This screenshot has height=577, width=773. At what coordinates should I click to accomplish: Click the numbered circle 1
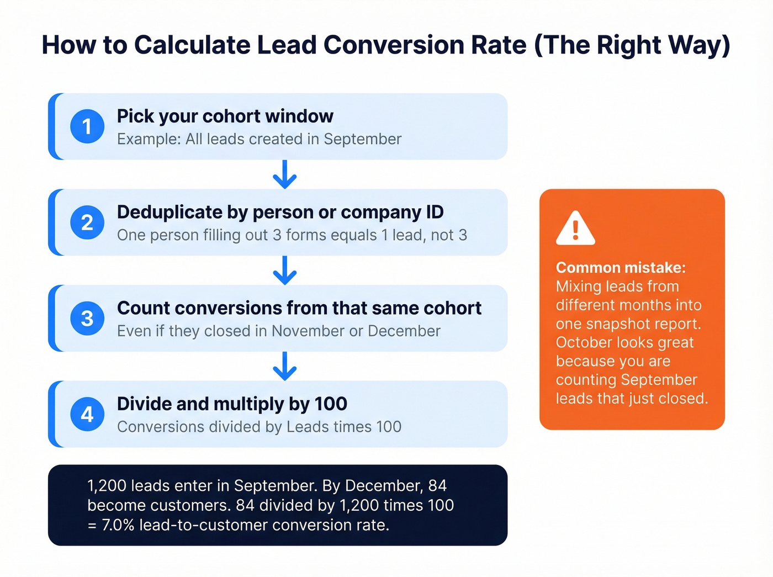tap(87, 126)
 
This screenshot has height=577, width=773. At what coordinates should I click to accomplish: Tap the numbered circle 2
tap(87, 223)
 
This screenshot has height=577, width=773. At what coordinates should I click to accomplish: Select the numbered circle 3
tap(87, 319)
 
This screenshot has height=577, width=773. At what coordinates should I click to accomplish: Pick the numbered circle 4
tap(87, 414)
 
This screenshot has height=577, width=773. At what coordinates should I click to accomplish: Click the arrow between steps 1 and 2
tap(285, 174)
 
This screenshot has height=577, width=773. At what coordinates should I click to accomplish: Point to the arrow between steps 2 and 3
tap(285, 270)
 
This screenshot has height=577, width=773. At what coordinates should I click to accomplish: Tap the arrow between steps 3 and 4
tap(285, 366)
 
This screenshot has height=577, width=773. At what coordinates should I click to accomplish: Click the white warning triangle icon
tap(575, 229)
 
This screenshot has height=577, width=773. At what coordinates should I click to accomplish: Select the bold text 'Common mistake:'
tap(621, 268)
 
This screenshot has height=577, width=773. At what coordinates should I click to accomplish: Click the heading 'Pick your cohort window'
tap(225, 117)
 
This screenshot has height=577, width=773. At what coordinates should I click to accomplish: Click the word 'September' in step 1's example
tap(362, 139)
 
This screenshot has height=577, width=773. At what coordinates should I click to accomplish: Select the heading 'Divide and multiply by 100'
tap(232, 404)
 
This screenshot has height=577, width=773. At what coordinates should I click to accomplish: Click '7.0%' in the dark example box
tap(118, 525)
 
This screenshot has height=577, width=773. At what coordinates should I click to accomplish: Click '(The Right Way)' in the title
tap(632, 45)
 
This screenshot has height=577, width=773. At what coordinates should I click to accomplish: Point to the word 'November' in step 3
tap(308, 331)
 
